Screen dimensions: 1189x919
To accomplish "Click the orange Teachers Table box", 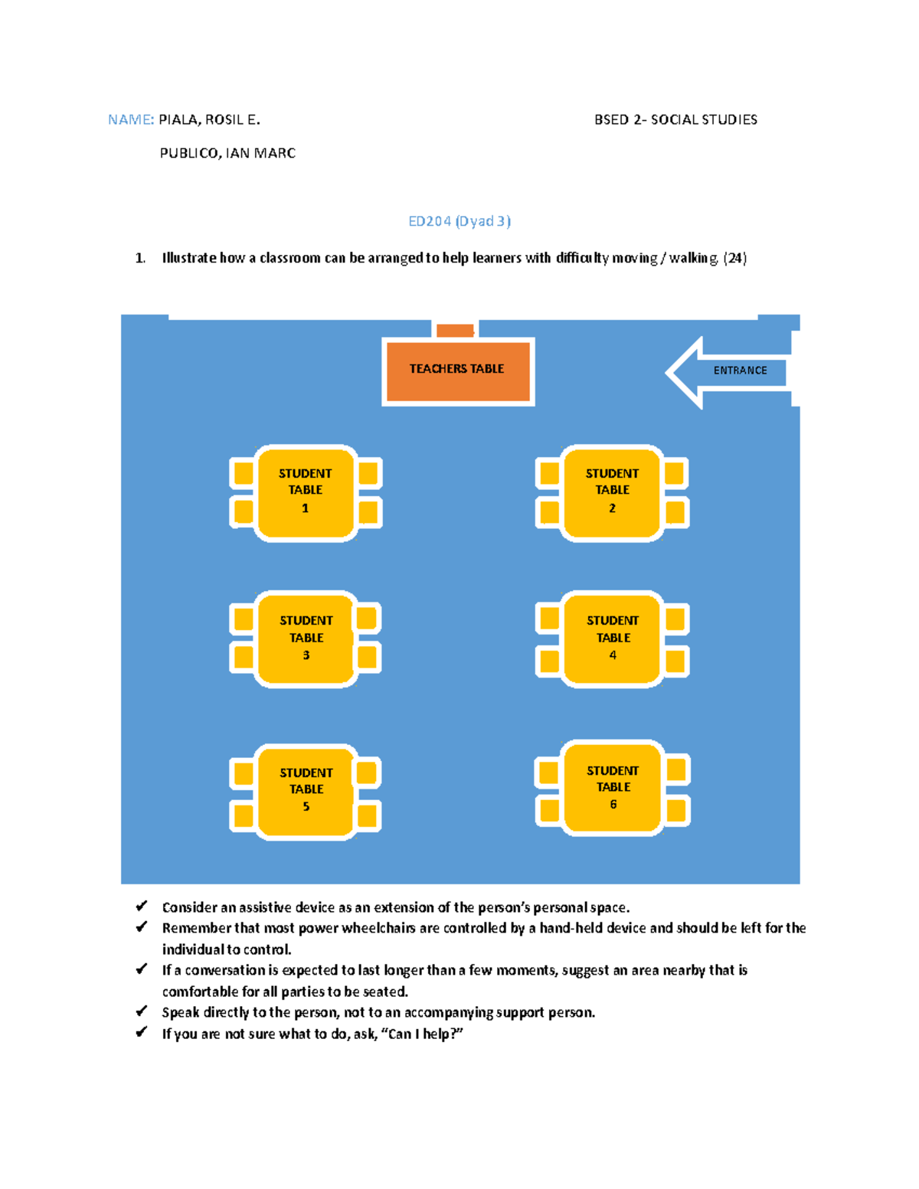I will click(458, 371).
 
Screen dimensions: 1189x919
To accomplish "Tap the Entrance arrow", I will click(728, 371).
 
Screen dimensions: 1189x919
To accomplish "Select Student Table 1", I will click(306, 492).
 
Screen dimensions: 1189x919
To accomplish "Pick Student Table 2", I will click(612, 492).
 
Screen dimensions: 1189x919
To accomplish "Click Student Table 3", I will click(306, 639).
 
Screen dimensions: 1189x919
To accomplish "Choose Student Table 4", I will click(612, 639).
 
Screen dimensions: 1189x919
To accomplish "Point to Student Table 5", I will click(306, 791).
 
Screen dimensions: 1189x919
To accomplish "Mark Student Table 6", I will click(612, 788).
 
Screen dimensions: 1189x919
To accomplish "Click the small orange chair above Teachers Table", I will click(455, 330).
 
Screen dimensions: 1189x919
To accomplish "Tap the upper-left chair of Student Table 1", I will click(244, 473).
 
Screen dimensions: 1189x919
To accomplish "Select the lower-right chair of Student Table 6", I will click(675, 810).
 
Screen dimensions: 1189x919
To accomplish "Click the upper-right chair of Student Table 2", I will click(674, 473).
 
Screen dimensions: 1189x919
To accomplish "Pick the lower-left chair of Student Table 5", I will click(244, 815).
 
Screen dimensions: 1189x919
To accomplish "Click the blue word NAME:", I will click(131, 119).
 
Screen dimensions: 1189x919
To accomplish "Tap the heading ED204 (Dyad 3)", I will click(459, 221).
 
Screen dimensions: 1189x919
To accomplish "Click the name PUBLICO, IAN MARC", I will click(227, 153).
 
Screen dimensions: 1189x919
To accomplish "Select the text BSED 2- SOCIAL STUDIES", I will click(675, 119).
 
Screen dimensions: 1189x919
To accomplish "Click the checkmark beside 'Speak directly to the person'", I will click(142, 1011).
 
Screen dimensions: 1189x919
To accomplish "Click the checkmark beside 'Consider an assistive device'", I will click(142, 906).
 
